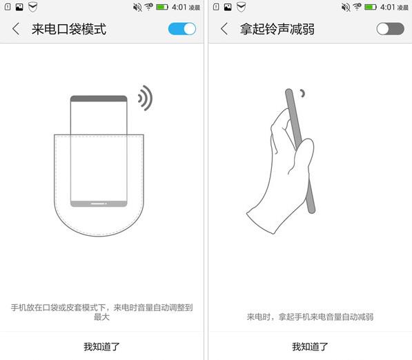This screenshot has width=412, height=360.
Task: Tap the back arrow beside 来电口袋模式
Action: [x=16, y=29]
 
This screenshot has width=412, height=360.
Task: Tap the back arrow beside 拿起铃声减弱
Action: [x=224, y=29]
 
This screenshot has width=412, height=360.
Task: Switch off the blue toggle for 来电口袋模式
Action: [x=182, y=29]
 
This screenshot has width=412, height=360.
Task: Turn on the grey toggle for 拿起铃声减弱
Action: [x=390, y=29]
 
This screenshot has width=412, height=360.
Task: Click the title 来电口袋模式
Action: [x=69, y=29]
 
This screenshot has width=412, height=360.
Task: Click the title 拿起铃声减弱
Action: [x=277, y=29]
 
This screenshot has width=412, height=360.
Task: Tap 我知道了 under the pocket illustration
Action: [x=101, y=347]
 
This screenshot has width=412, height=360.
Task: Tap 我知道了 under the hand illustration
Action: [x=310, y=347]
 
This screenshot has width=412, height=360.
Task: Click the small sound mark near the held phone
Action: [x=303, y=93]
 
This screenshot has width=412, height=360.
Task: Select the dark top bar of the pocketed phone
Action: [x=99, y=99]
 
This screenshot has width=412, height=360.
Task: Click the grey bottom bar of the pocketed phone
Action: [x=99, y=203]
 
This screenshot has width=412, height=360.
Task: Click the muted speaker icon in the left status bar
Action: [x=137, y=7]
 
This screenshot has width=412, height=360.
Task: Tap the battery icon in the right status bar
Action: [x=371, y=7]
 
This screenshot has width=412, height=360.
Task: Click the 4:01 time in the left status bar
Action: [x=179, y=7]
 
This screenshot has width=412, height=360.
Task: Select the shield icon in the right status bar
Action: [x=241, y=7]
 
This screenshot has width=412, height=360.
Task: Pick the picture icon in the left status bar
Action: [x=19, y=7]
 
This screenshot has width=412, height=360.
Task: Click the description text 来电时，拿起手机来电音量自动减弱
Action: [x=310, y=317]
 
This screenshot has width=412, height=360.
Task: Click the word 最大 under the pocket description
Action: [x=101, y=317]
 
